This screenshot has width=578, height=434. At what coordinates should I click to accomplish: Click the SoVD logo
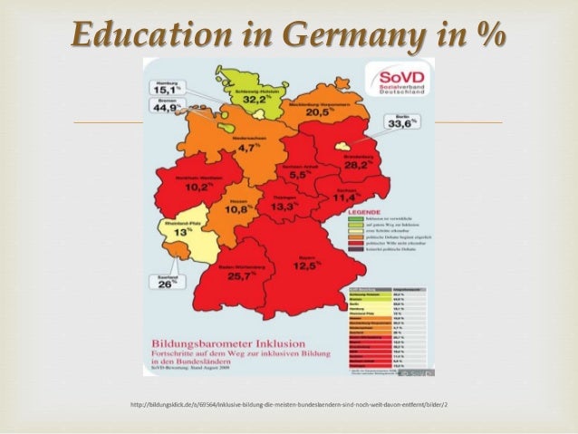[x=388, y=81]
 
